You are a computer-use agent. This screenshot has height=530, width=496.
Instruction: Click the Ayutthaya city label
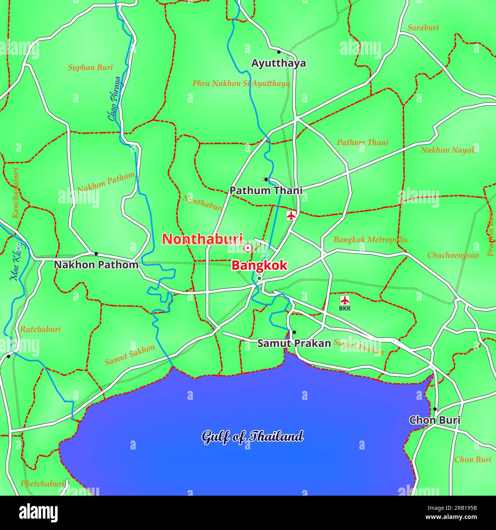pyautogui.click(x=279, y=63)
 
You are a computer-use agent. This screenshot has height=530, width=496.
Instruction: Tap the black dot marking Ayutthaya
pyautogui.click(x=279, y=52)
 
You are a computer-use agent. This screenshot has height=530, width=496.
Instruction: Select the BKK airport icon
pyautogui.click(x=345, y=300)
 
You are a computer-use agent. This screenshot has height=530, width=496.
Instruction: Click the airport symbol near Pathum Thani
pyautogui.click(x=291, y=216)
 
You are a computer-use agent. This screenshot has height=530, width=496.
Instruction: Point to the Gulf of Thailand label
pyautogui.click(x=252, y=437)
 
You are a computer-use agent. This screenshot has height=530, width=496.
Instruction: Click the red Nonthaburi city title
pyautogui.click(x=202, y=239)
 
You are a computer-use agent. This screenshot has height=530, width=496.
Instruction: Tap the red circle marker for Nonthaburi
pyautogui.click(x=248, y=248)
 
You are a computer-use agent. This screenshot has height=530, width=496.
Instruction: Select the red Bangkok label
pyautogui.click(x=259, y=265)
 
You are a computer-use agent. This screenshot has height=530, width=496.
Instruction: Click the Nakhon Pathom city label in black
pyautogui.click(x=96, y=265)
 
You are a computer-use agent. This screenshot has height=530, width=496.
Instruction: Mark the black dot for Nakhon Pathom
pyautogui.click(x=96, y=254)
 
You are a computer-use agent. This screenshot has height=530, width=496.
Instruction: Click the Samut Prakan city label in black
pyautogui.click(x=294, y=343)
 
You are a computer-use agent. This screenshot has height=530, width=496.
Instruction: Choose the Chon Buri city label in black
pyautogui.click(x=435, y=420)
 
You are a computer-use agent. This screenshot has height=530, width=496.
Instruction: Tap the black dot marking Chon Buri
pyautogui.click(x=435, y=409)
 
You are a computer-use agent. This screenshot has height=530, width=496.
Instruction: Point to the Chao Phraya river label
pyautogui.click(x=114, y=98)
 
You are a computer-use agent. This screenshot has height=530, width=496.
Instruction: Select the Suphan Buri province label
pyautogui.click(x=90, y=67)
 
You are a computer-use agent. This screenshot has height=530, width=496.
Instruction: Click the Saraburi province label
pyautogui.click(x=423, y=27)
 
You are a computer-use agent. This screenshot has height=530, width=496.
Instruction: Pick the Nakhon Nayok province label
pyautogui.click(x=448, y=150)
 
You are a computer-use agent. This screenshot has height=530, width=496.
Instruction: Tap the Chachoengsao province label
pyautogui.click(x=453, y=255)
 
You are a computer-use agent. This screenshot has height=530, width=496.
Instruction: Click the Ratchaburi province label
pyautogui.click(x=40, y=329)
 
